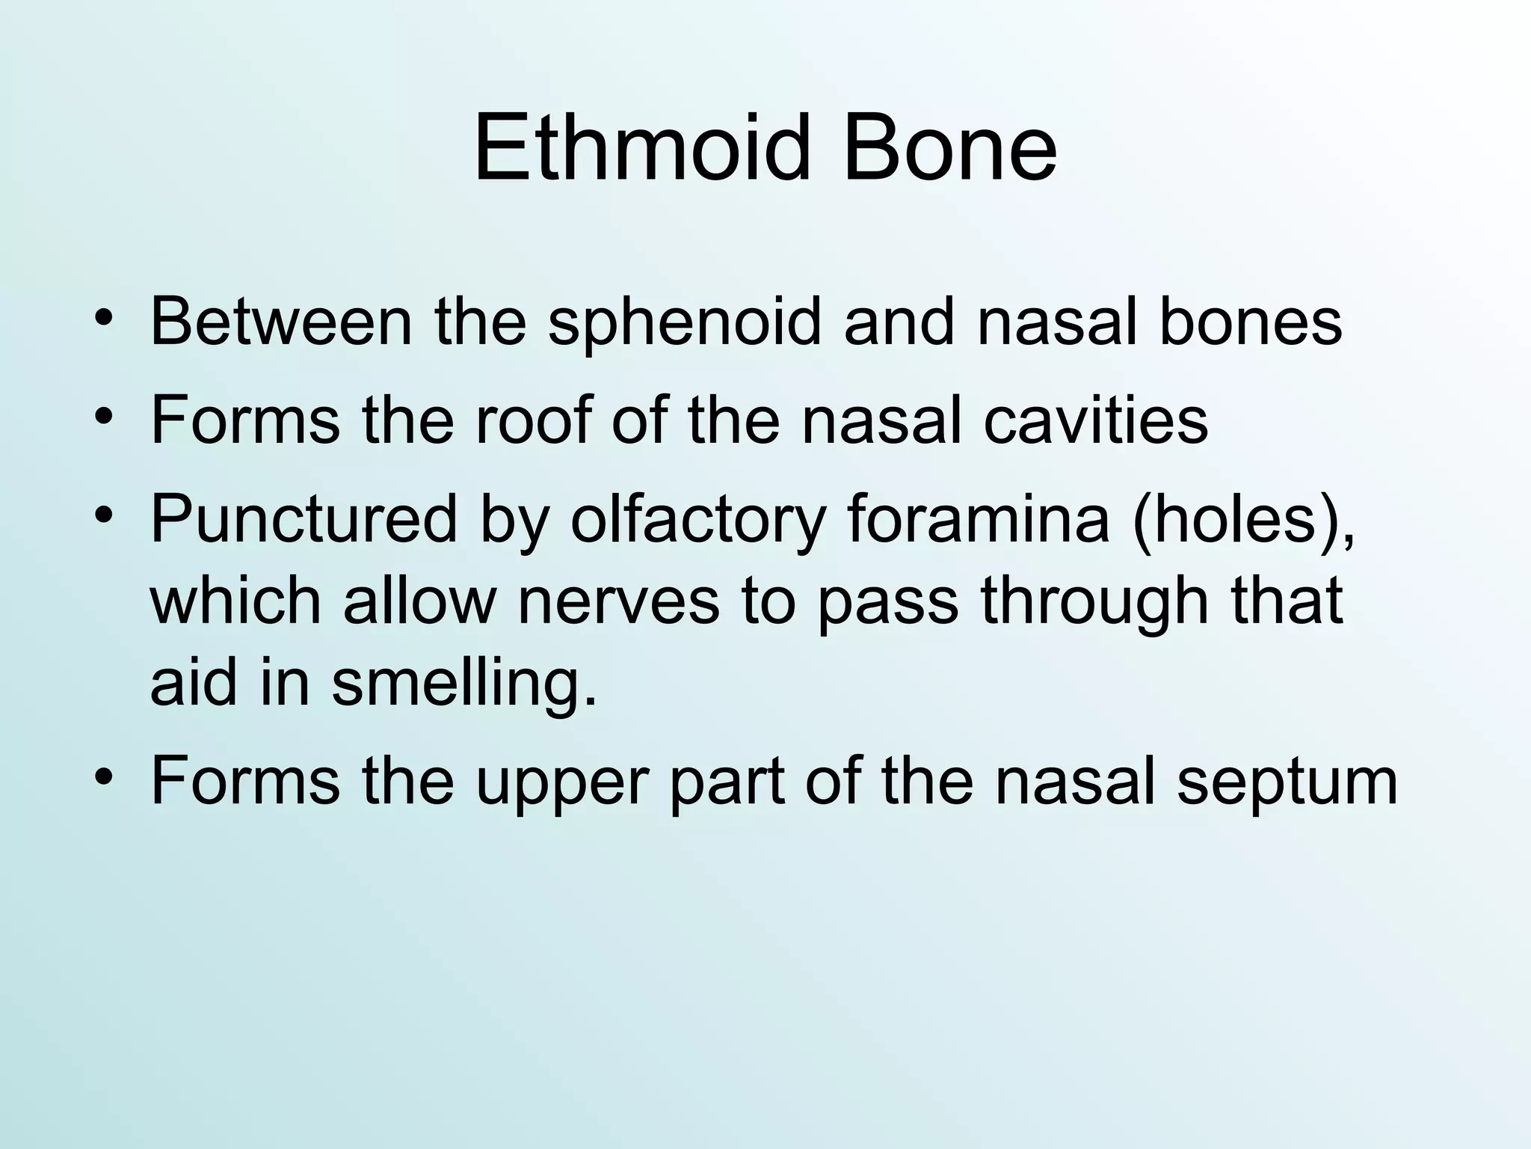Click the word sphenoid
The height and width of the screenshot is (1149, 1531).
684,323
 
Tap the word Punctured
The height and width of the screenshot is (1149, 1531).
303,520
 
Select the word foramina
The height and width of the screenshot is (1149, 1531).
978,520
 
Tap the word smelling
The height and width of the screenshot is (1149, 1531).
464,684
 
